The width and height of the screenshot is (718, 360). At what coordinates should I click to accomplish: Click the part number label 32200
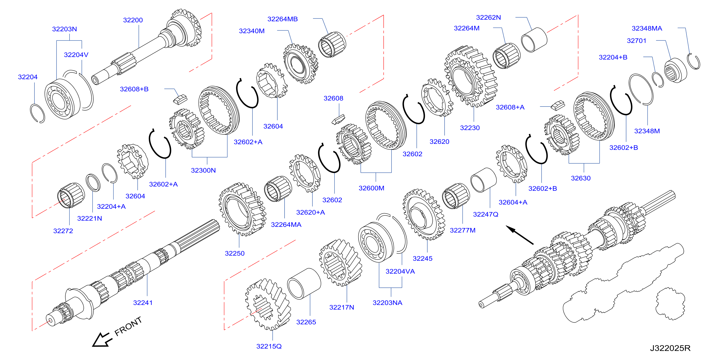[133, 20]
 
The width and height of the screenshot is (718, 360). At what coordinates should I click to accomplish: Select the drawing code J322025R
[670, 348]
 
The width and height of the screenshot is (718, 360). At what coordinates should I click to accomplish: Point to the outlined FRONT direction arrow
[102, 340]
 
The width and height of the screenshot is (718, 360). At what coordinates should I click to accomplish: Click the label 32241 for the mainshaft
[143, 303]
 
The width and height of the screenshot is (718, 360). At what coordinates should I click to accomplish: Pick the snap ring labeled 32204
[37, 113]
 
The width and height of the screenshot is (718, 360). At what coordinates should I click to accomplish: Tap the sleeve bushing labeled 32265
[304, 284]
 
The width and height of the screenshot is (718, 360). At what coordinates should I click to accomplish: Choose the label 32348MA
[647, 28]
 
